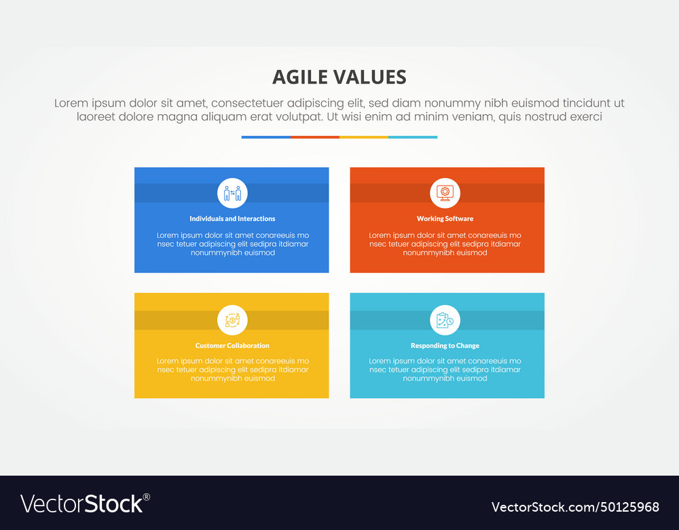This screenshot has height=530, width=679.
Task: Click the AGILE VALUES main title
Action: click(339, 77)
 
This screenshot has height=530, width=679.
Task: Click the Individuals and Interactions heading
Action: click(232, 219)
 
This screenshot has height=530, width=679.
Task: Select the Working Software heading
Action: click(445, 219)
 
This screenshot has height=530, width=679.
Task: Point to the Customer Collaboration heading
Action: click(232, 346)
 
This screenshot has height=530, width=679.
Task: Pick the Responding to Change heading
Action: click(445, 346)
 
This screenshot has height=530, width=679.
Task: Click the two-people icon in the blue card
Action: click(232, 193)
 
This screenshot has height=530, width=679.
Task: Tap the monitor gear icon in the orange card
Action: click(445, 193)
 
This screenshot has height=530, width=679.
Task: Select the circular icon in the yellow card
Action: click(232, 320)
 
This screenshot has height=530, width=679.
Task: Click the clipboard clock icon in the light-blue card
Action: click(445, 320)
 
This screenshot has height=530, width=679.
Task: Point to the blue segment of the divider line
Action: click(266, 137)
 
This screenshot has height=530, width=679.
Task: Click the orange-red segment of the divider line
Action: click(315, 137)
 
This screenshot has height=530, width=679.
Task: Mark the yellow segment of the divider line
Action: click(364, 137)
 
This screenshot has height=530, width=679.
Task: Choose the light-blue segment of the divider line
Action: click(413, 137)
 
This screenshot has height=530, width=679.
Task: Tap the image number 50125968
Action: click(624, 507)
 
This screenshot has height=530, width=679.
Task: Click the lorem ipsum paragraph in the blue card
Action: click(232, 244)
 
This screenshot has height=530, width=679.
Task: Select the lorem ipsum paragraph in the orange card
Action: click(445, 244)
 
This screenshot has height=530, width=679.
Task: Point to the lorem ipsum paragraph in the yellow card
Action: click(232, 370)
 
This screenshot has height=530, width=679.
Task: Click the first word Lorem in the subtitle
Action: click(72, 103)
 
